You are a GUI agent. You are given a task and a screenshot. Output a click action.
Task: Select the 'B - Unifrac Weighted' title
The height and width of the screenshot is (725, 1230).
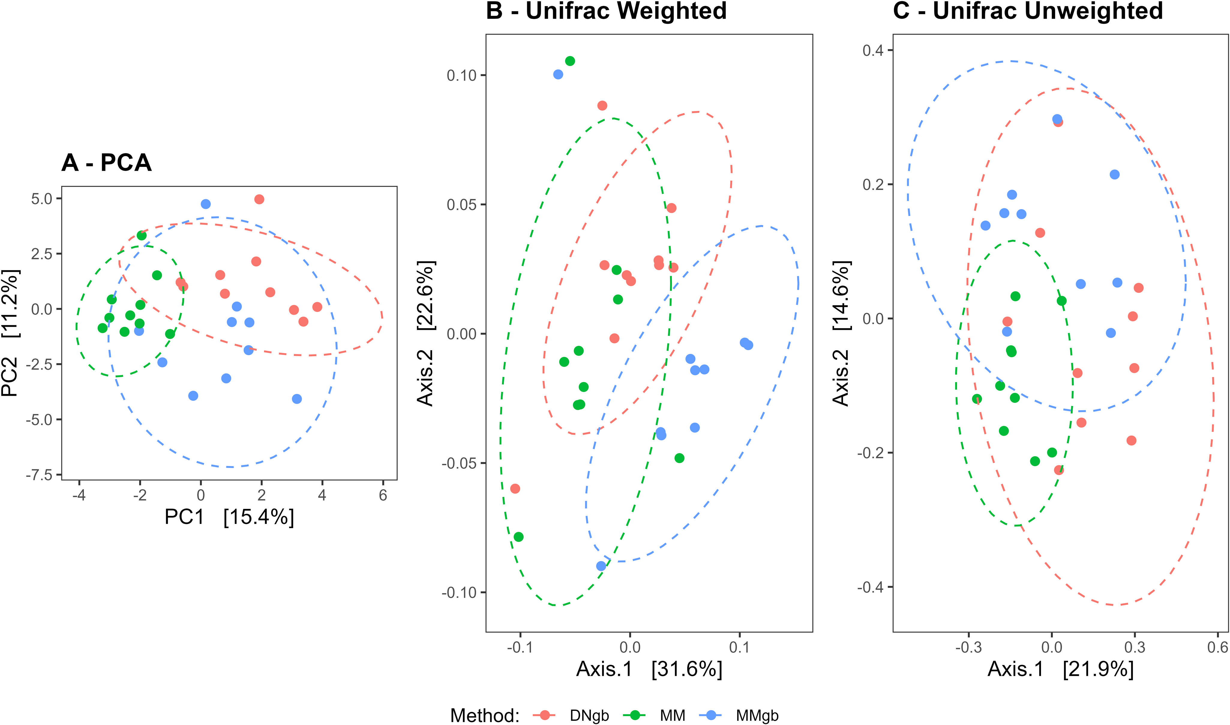pos(606,11)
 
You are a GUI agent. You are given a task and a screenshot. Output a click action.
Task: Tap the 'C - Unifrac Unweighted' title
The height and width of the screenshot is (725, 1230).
pos(1028,11)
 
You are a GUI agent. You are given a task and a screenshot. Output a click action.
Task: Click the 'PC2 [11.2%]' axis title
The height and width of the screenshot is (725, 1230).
pos(11,332)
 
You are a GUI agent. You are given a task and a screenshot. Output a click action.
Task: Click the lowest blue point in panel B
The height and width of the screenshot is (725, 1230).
pos(601,566)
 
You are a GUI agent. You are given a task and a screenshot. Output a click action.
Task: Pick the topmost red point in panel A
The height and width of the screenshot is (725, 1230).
pos(259,199)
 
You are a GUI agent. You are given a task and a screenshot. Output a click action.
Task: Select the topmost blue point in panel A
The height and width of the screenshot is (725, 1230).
pos(205,204)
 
